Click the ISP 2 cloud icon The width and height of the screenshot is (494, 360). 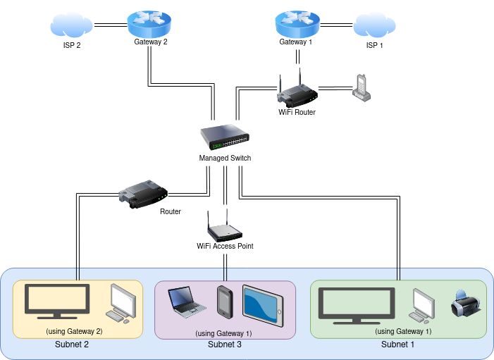coord(71,26)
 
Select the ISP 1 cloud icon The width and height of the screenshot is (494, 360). coord(373,26)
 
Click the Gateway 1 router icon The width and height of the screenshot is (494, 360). coord(297,25)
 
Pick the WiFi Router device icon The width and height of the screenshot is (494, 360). coord(297,92)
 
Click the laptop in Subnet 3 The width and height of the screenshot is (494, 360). coord(187,302)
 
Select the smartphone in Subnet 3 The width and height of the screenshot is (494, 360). coord(225,302)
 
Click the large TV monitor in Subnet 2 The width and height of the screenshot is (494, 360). coord(57,301)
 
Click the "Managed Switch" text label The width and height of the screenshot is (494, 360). coord(225,158)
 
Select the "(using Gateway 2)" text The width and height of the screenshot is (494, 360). coord(74,331)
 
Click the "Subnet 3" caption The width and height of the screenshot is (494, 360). coord(225,345)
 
